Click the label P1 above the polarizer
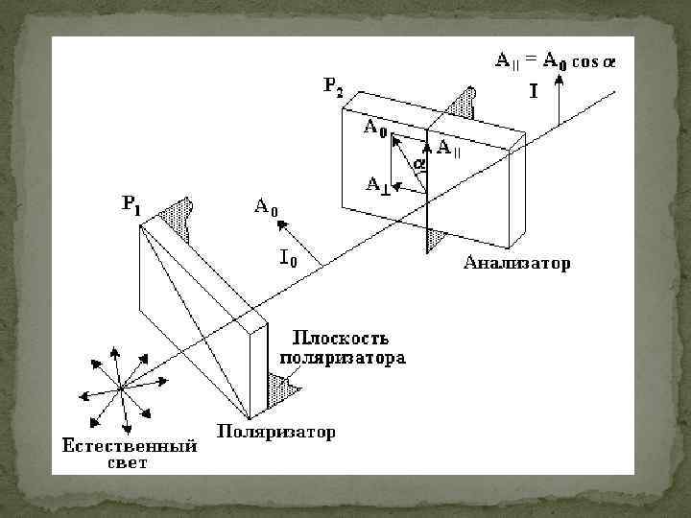[x=131, y=205]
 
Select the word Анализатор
[x=516, y=261]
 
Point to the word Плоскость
[x=338, y=338]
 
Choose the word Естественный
[x=130, y=446]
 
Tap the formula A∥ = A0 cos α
[x=555, y=61]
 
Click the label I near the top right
[x=533, y=93]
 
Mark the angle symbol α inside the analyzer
[x=418, y=164]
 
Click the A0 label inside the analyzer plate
[x=374, y=129]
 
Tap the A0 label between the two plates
[x=266, y=205]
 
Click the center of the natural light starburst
[x=121, y=388]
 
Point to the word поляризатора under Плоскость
[x=344, y=357]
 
